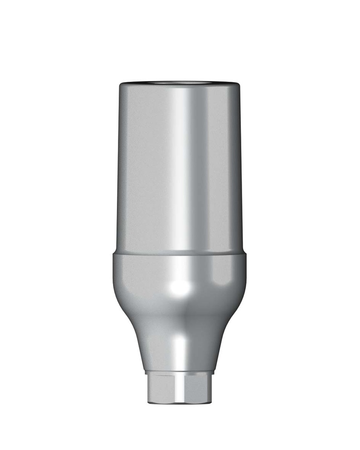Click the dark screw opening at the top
[x=180, y=82]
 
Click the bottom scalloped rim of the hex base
[x=180, y=402]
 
